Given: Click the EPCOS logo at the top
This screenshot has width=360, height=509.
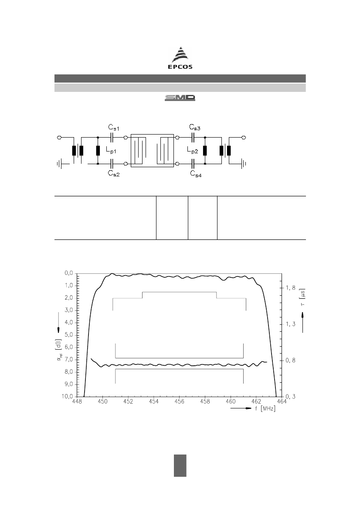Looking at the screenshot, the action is pos(180,58).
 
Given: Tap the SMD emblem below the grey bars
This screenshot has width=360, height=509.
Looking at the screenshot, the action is pos(180,98).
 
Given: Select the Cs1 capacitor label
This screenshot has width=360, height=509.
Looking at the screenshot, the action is pos(114,127).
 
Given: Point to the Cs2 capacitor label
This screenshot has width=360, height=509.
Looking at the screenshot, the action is pos(114,173).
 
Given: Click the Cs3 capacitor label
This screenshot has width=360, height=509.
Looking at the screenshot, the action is pos(195,127).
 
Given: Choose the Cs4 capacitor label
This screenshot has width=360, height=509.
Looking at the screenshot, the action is pos(196,174).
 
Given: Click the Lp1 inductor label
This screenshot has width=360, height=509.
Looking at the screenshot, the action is pos(111,151).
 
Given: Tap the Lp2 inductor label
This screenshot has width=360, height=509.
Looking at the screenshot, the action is pos(193,150).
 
